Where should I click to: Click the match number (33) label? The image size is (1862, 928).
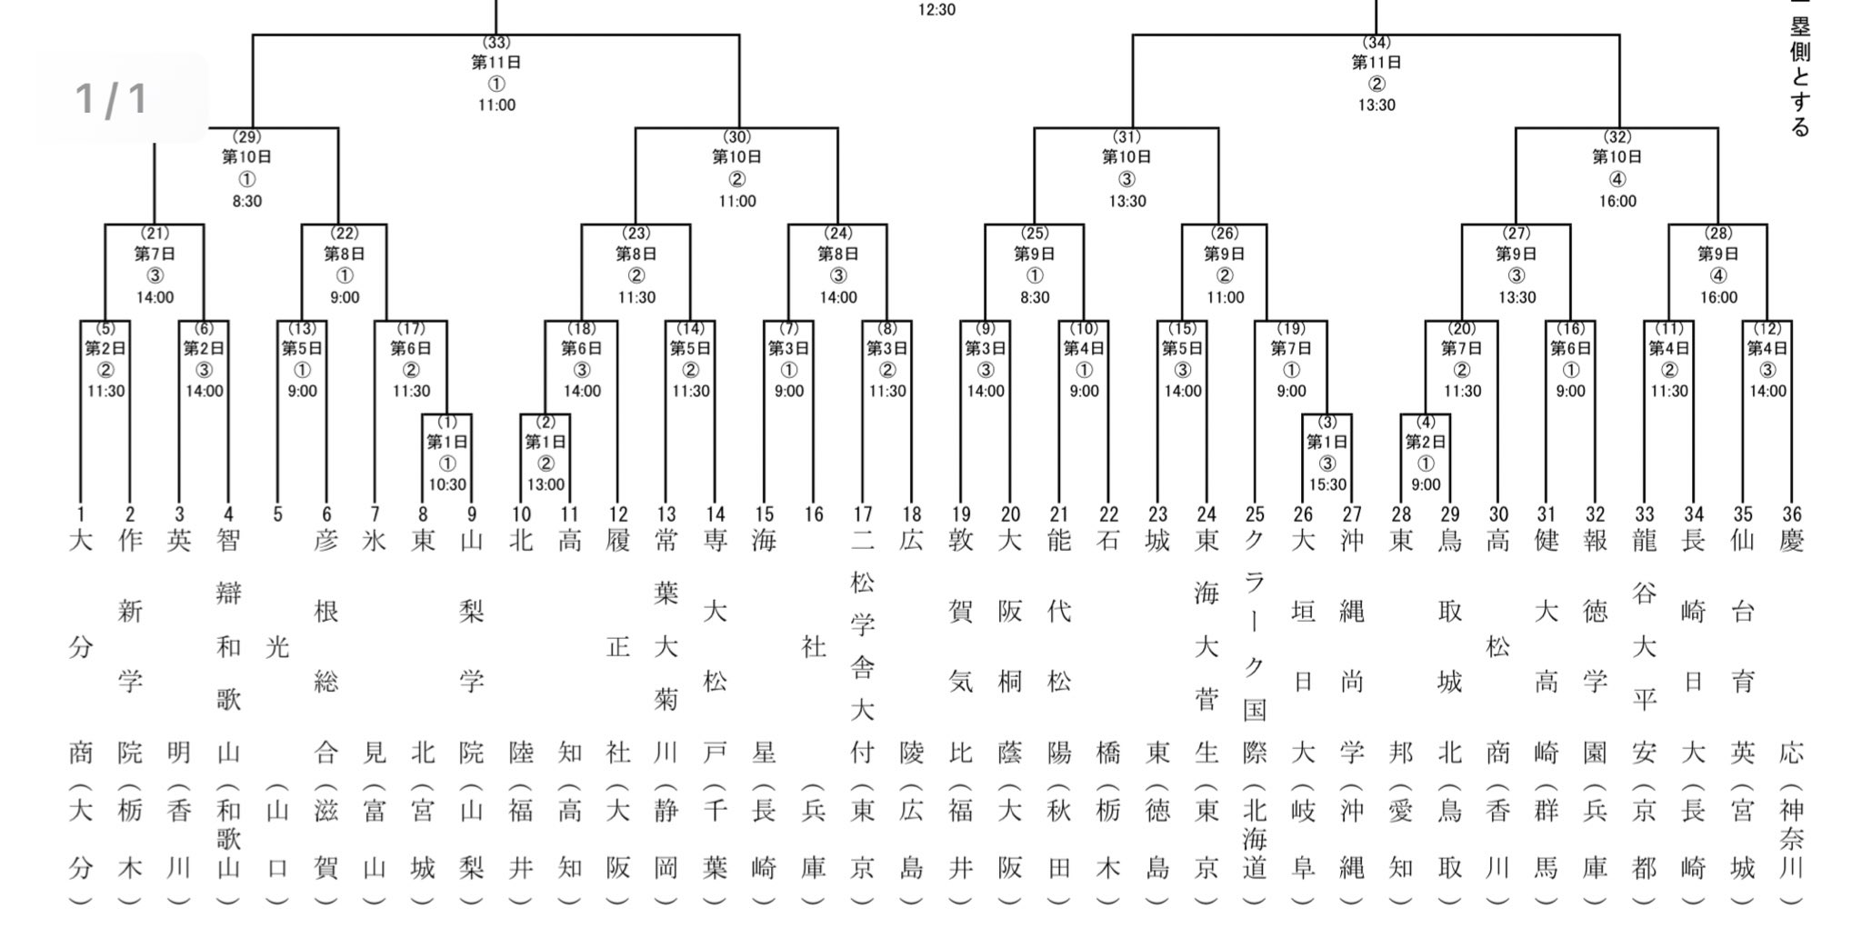[496, 43]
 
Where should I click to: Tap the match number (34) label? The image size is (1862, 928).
[1376, 43]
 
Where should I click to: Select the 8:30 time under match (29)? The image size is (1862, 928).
[246, 201]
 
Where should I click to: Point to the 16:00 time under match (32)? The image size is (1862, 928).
[1617, 201]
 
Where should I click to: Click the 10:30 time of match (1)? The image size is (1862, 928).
[447, 484]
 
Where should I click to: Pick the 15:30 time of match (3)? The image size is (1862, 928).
[1327, 484]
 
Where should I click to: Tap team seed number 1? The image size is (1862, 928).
[81, 514]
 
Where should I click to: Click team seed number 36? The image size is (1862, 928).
[1791, 514]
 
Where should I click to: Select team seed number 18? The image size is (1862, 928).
[911, 514]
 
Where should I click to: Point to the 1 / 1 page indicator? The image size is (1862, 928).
[112, 98]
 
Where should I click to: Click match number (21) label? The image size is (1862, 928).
[155, 234]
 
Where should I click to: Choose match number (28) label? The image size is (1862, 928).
[1718, 234]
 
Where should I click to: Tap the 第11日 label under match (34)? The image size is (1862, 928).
[1376, 63]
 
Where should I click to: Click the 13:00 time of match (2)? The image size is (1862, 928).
[546, 484]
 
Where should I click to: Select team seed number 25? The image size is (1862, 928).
[1255, 514]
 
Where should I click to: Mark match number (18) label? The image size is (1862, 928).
[582, 328]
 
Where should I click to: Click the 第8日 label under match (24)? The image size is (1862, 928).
[838, 254]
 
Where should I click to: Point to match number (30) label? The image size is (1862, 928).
[736, 137]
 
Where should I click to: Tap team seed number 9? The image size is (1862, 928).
[472, 514]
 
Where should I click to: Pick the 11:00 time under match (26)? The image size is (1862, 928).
[1225, 297]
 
